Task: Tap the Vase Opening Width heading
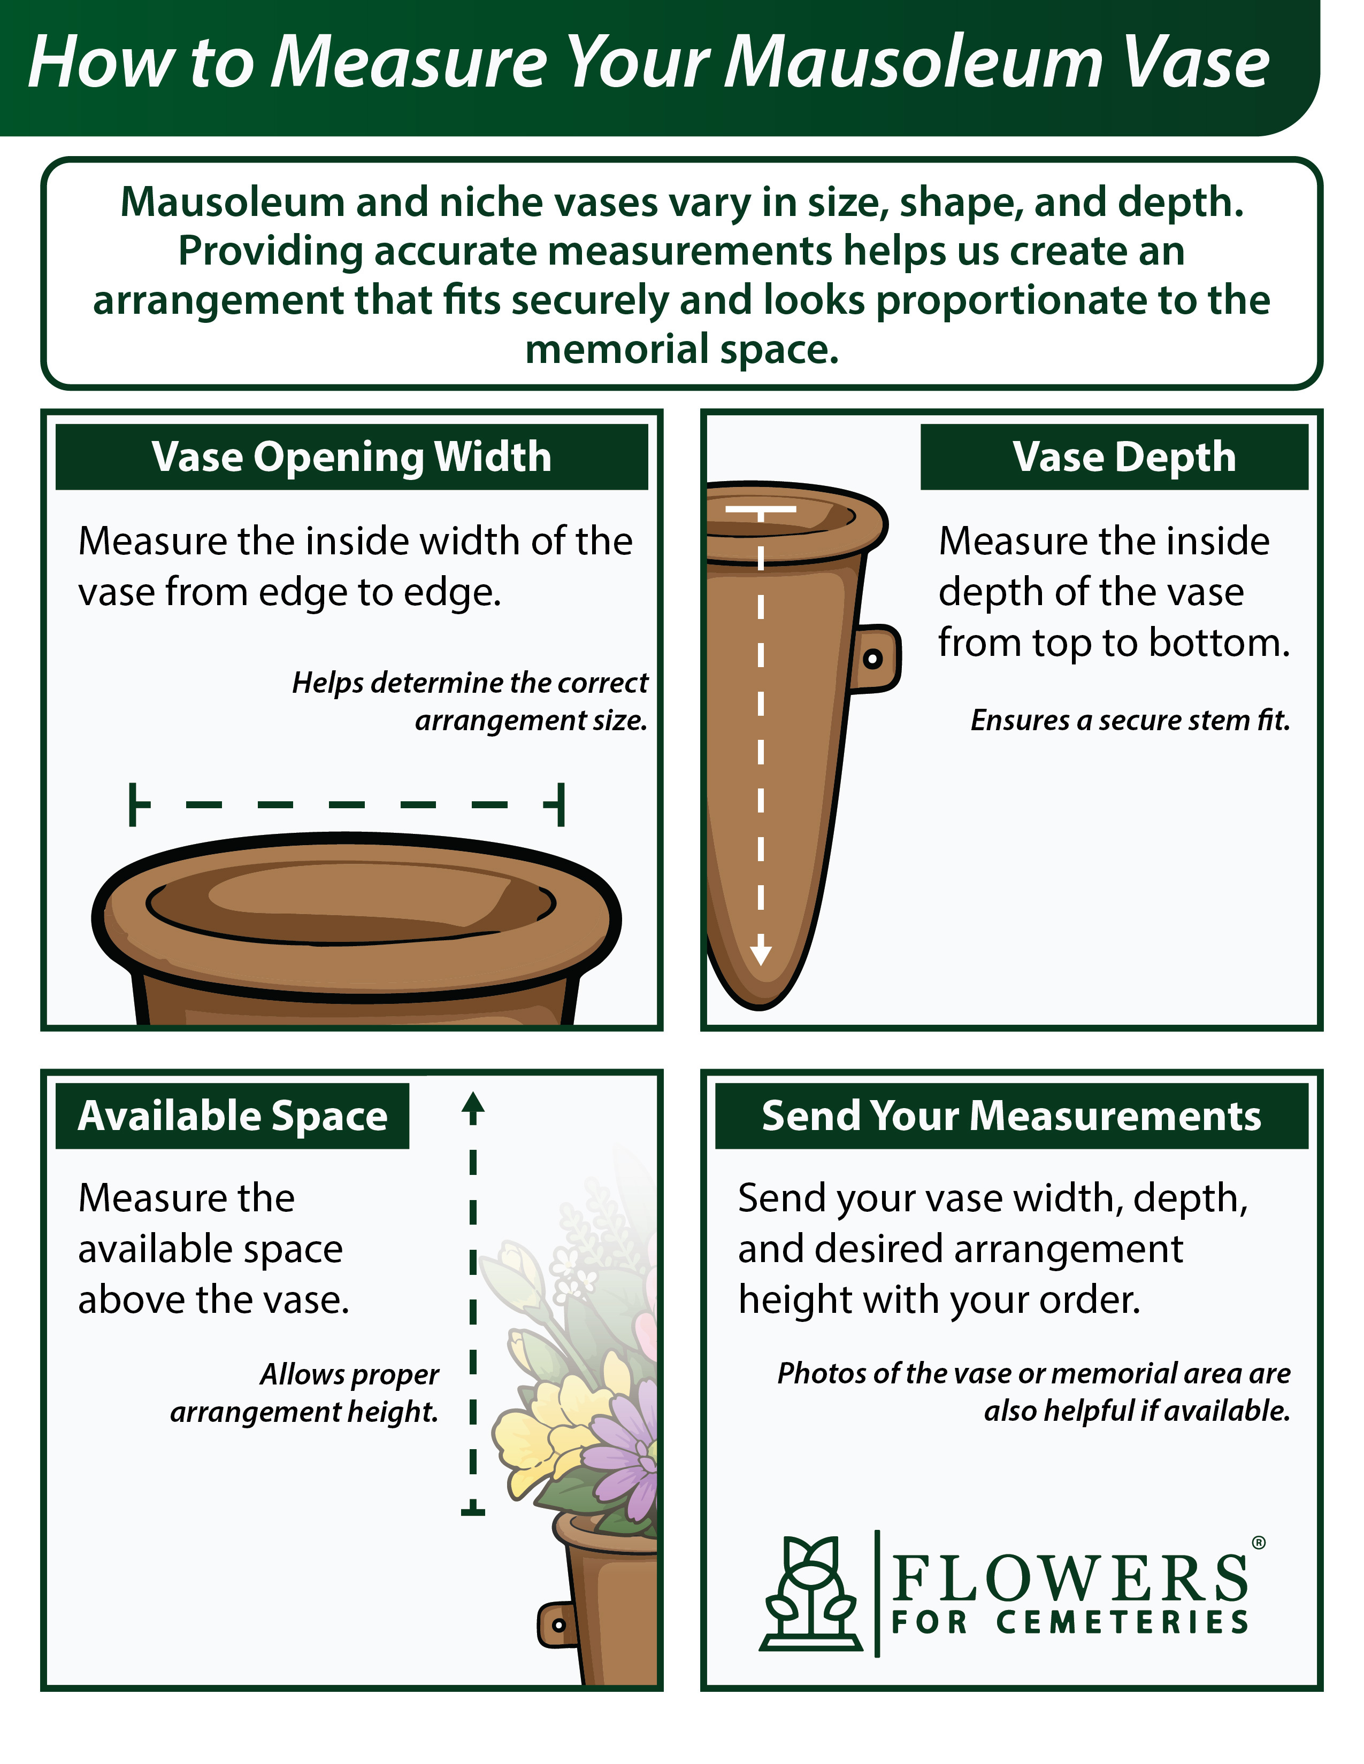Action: [351, 457]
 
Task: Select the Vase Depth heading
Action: [1124, 457]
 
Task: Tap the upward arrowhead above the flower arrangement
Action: [473, 1108]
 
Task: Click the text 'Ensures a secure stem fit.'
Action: [1130, 719]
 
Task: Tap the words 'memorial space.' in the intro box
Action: [682, 350]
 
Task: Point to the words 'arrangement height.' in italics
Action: [304, 1411]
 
